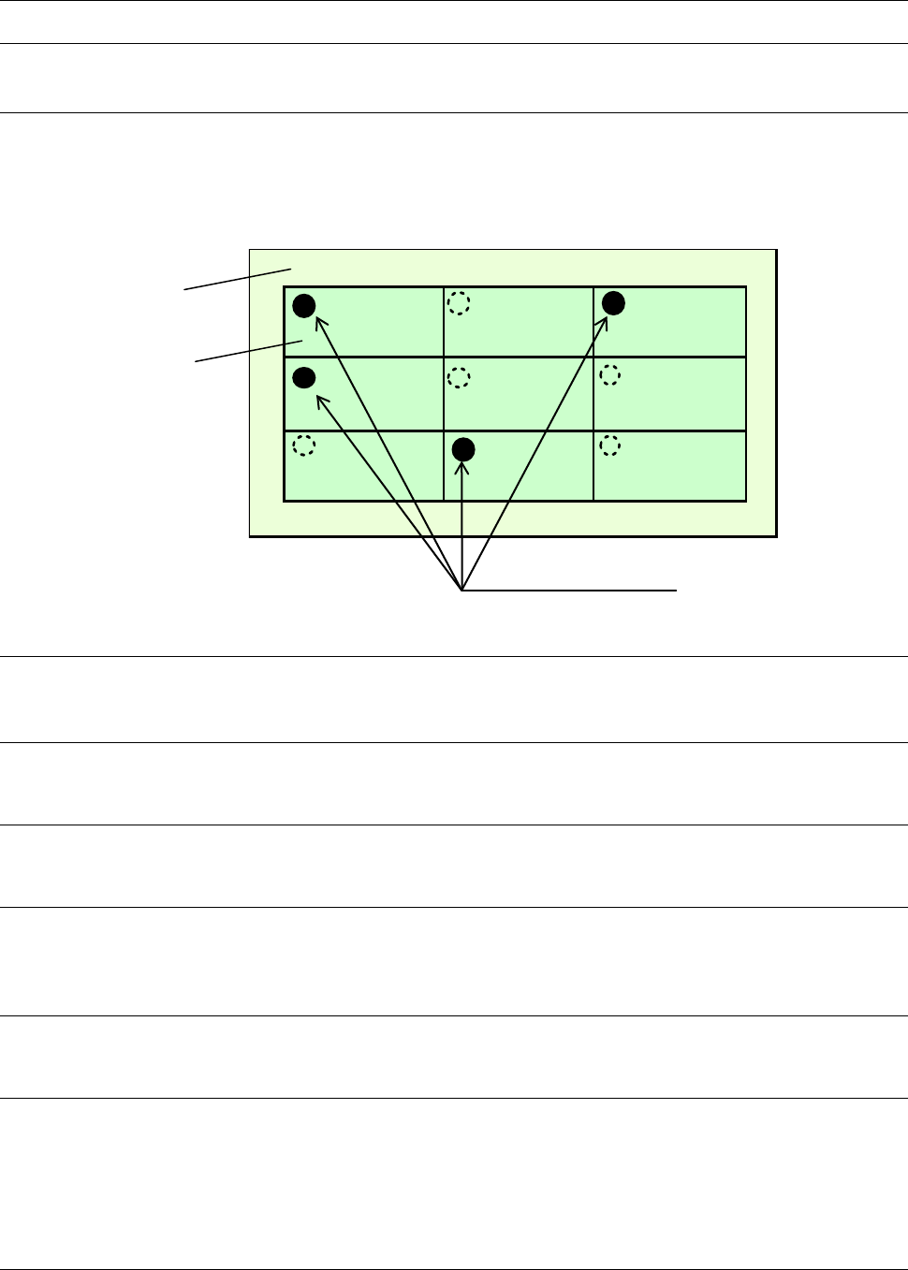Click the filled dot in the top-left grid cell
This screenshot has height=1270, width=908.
pyautogui.click(x=304, y=305)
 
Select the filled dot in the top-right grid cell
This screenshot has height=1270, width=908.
pyautogui.click(x=613, y=302)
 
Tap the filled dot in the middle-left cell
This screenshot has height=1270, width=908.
pyautogui.click(x=304, y=377)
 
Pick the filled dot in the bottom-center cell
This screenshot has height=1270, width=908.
pyautogui.click(x=463, y=449)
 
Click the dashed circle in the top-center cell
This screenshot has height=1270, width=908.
pyautogui.click(x=458, y=302)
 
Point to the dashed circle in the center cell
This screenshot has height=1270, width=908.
pyautogui.click(x=459, y=377)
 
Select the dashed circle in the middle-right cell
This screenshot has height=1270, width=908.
pyautogui.click(x=609, y=375)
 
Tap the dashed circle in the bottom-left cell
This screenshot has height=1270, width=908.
pyautogui.click(x=303, y=446)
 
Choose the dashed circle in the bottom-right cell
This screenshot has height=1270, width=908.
pyautogui.click(x=609, y=446)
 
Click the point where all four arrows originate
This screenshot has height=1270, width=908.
pyautogui.click(x=462, y=591)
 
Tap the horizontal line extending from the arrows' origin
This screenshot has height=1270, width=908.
pyautogui.click(x=571, y=591)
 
